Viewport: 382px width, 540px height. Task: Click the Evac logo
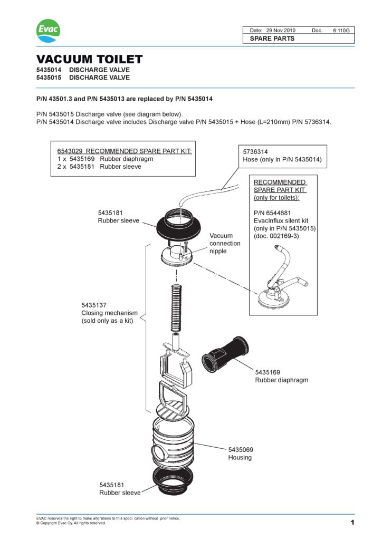click(48, 30)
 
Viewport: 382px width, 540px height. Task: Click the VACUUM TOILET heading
click(89, 59)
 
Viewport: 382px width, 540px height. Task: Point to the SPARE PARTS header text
click(272, 38)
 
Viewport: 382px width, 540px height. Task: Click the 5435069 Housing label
click(241, 453)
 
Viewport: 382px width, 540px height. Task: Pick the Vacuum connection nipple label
click(225, 243)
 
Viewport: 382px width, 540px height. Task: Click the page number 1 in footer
click(351, 523)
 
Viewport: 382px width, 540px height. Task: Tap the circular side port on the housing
click(156, 452)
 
